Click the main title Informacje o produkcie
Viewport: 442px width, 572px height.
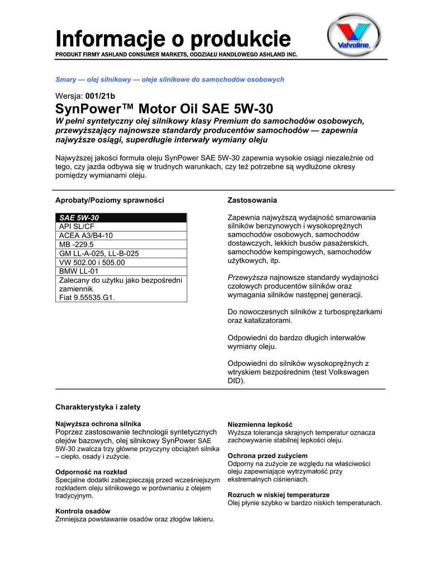(173, 39)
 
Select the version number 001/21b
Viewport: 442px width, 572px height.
(100, 96)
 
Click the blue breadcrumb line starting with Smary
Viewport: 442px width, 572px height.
(170, 80)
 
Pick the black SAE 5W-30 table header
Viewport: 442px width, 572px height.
(121, 217)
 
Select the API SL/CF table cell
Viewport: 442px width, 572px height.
(121, 226)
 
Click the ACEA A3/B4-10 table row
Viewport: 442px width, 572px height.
(121, 235)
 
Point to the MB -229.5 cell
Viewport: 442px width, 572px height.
(121, 244)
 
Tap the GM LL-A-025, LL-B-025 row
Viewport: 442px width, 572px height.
(121, 253)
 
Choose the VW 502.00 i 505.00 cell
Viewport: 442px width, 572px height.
(121, 262)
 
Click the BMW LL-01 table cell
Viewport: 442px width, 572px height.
(121, 271)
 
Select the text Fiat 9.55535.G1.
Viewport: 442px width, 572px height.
(87, 298)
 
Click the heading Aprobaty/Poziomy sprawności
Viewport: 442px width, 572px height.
(110, 200)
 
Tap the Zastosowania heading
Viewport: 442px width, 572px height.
(252, 200)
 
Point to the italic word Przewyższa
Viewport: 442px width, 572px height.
(248, 277)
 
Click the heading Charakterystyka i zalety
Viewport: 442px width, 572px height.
(98, 407)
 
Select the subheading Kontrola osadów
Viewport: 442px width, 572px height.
(83, 511)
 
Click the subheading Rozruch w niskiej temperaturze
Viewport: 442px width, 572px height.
(278, 495)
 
